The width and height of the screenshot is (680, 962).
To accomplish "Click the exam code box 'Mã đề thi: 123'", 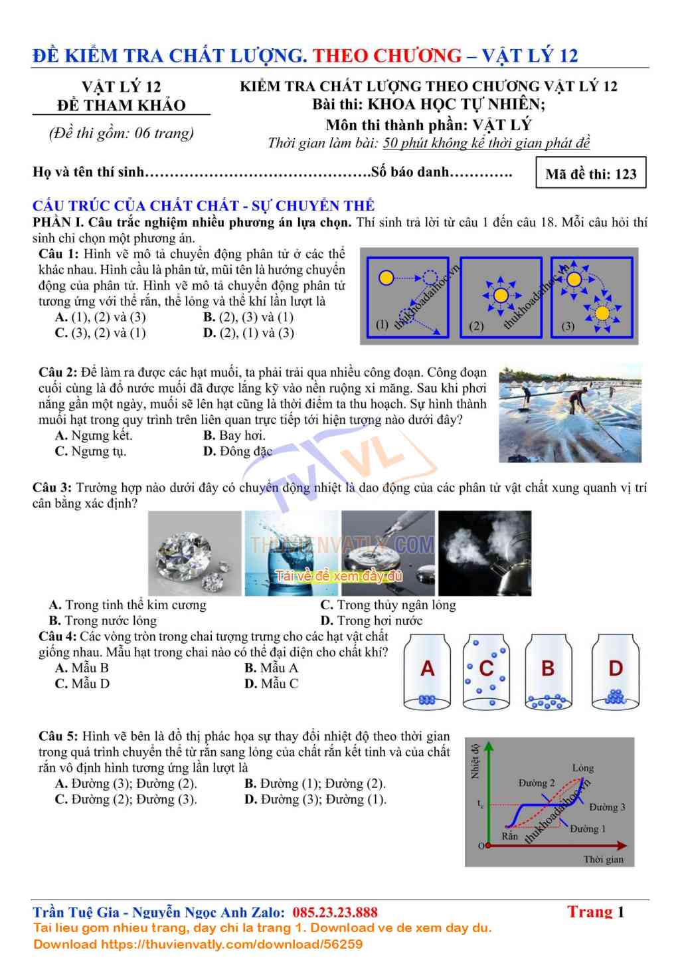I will pos(590,173).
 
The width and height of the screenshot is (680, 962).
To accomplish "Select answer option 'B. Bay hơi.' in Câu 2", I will pos(234,435).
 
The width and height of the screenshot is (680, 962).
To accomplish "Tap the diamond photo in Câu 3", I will pos(195,553).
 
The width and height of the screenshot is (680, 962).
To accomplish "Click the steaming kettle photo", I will pos(485,553).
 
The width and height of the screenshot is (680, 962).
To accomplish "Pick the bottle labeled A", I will pos(427,672).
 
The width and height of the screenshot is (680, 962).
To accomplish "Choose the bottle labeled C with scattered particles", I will pos(486,672).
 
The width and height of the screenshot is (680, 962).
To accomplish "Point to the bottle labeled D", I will pos(616,672).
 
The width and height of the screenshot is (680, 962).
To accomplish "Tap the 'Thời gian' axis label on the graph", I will pos(603,859).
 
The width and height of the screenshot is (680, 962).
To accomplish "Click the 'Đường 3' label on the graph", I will pos(607,807).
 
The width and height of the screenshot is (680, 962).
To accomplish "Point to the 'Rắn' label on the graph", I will pos(509,836).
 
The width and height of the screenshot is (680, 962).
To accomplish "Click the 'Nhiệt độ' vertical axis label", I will pos(475,761).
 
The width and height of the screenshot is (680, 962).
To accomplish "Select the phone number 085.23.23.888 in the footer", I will pos(335,912).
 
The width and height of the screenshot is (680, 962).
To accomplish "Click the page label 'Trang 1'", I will pos(595,912).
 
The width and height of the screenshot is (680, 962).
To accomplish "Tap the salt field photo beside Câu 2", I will pos(570,413).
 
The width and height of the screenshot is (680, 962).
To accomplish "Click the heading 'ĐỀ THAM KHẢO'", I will pos(121,105).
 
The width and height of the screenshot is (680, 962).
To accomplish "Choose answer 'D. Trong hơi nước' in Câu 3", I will pos(371,621).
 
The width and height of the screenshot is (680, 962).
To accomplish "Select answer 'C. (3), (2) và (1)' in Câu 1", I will pos(100,333).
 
